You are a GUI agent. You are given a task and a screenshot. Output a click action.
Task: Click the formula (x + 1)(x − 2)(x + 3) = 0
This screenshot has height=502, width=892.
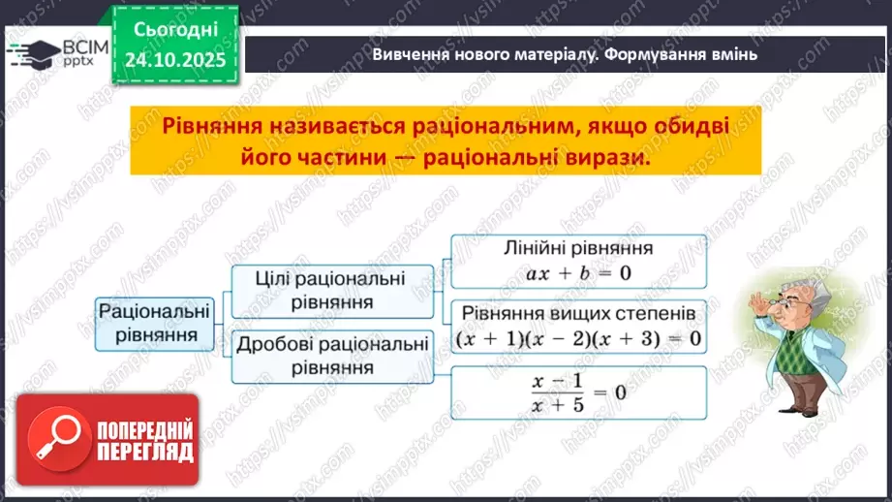(578, 339)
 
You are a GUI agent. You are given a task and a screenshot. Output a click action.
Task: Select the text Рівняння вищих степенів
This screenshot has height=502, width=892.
(578, 315)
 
